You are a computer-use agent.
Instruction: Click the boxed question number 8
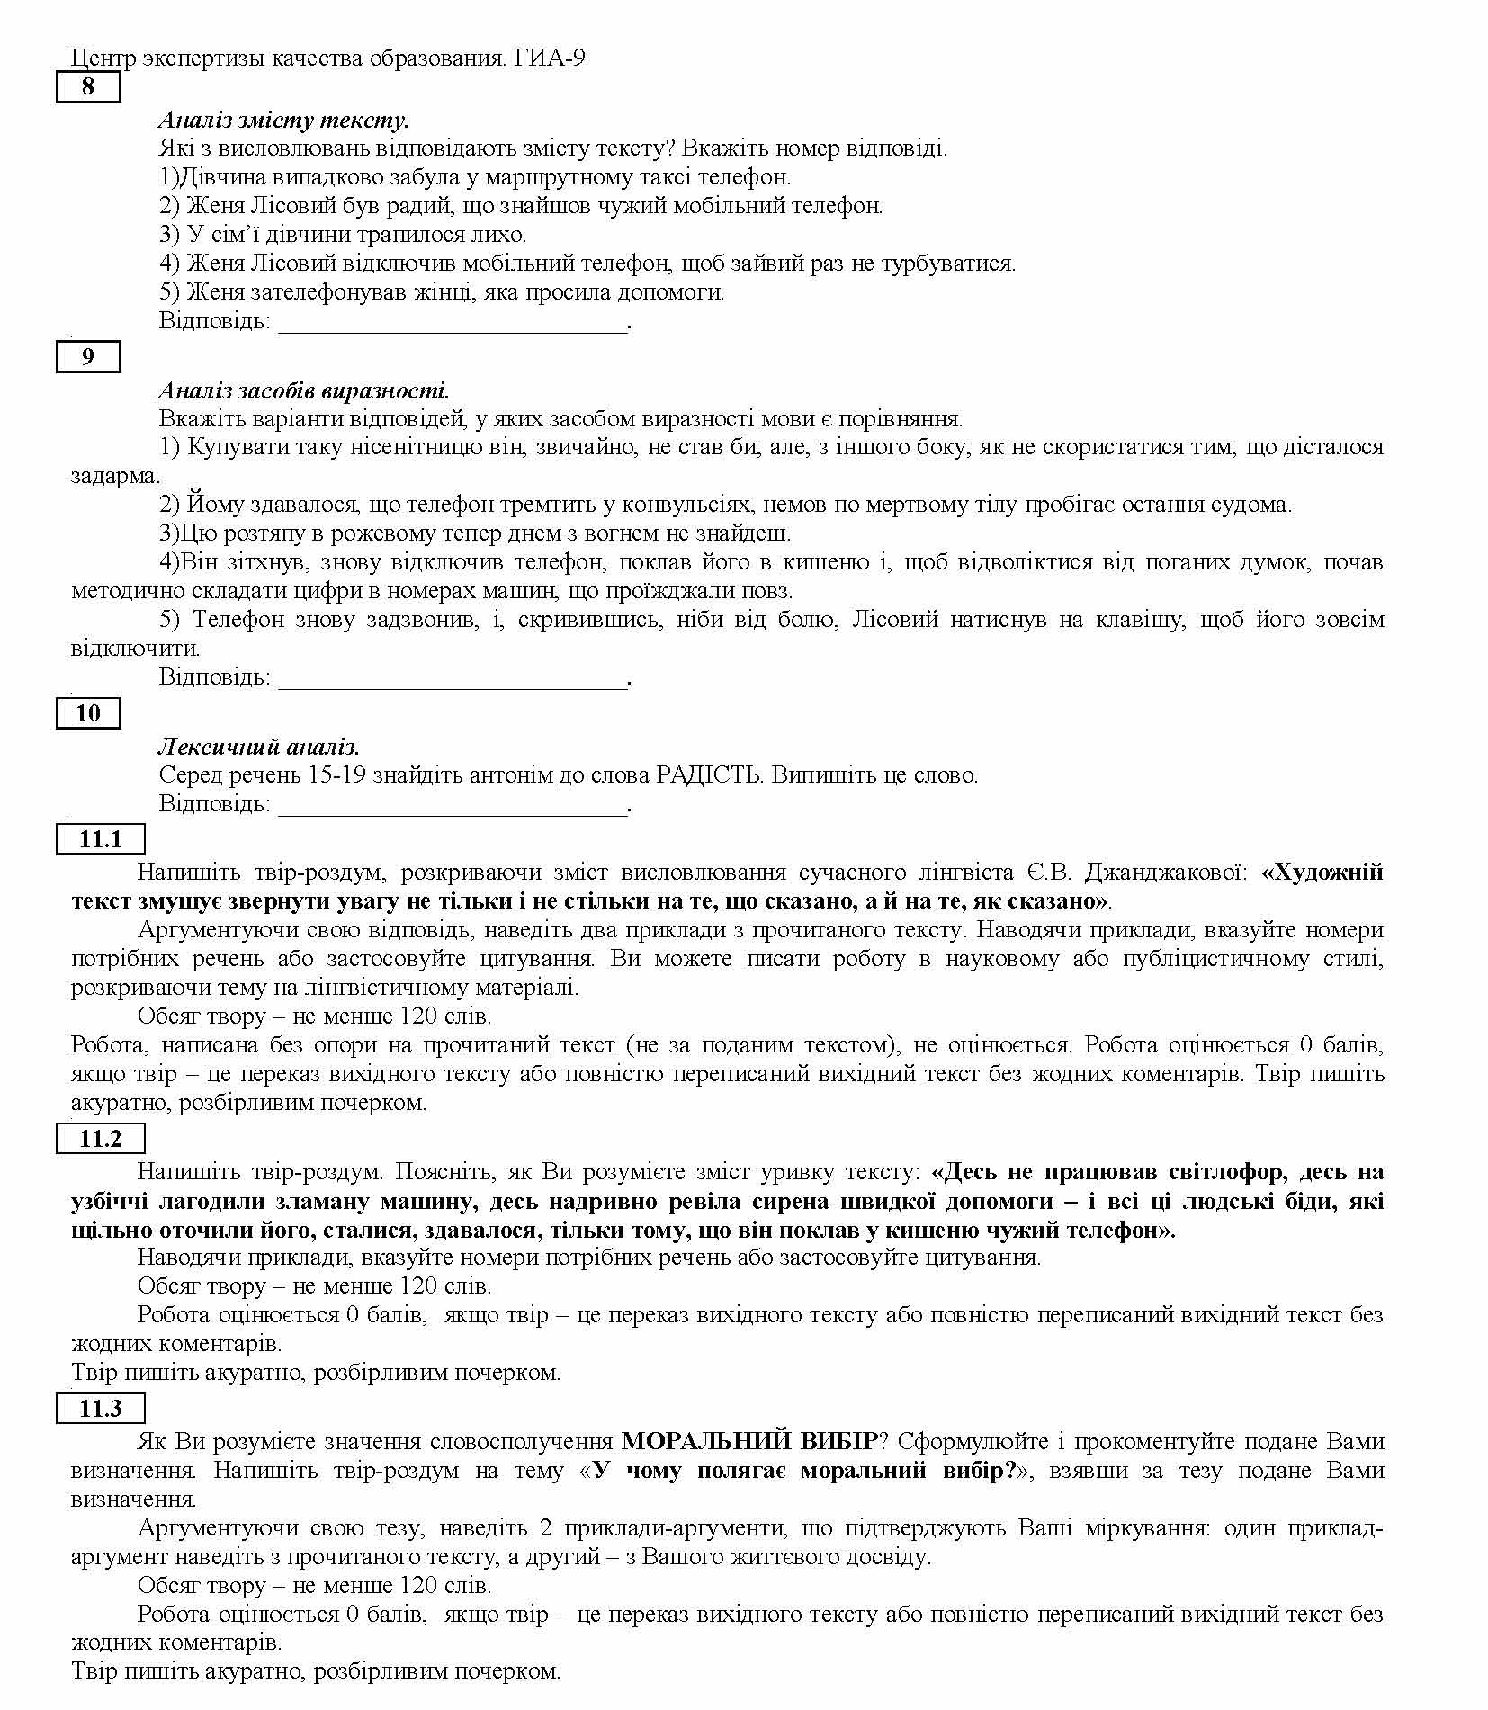pyautogui.click(x=88, y=87)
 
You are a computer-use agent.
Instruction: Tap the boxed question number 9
pyautogui.click(x=88, y=357)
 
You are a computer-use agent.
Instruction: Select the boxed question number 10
pyautogui.click(x=88, y=713)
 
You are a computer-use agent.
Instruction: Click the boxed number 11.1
pyautogui.click(x=100, y=839)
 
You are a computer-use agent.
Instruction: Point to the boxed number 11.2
pyautogui.click(x=100, y=1139)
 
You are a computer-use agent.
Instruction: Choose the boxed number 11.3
pyautogui.click(x=100, y=1409)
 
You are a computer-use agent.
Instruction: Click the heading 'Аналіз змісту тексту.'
pyautogui.click(x=283, y=120)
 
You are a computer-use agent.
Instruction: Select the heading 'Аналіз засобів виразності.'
pyautogui.click(x=304, y=390)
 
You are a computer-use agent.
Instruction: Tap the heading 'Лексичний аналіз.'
pyautogui.click(x=259, y=747)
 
